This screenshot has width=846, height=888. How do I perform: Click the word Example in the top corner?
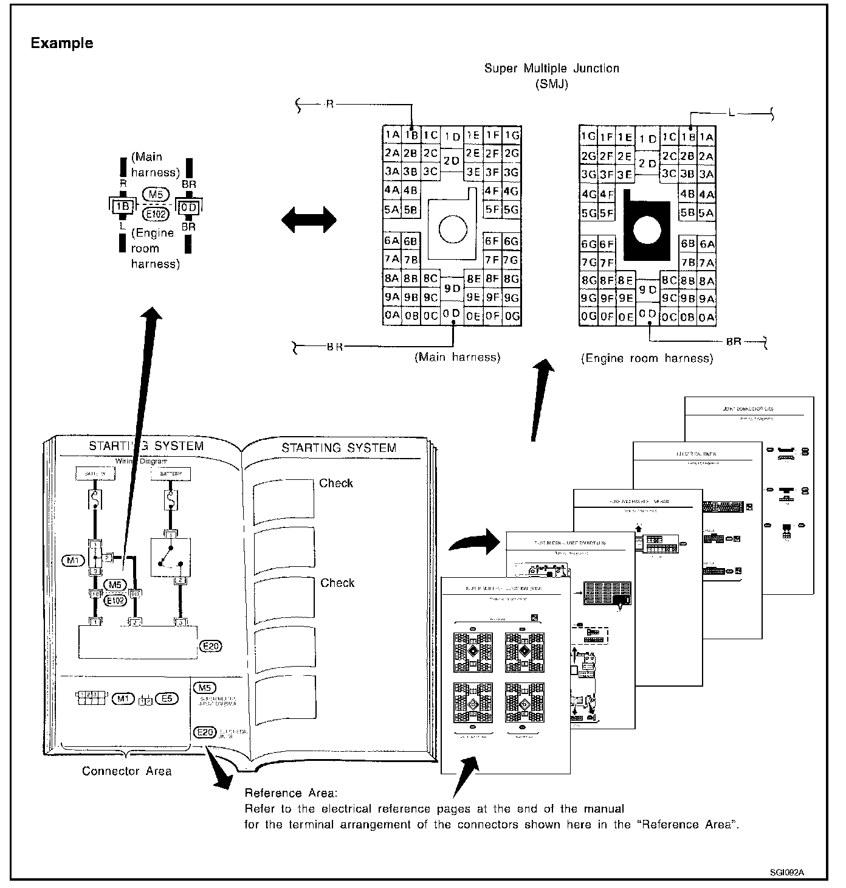click(62, 43)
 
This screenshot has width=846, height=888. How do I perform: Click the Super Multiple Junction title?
click(551, 69)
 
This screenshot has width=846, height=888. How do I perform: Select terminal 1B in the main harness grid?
click(411, 136)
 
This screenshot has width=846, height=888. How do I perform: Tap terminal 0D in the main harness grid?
click(452, 314)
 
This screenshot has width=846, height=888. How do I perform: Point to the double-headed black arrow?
click(309, 219)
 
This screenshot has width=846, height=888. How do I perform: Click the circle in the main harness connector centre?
click(452, 230)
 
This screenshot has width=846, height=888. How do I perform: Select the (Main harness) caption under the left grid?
click(457, 358)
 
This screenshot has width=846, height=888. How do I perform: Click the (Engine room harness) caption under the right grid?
click(647, 359)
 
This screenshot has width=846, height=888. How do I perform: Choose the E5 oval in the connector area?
click(167, 699)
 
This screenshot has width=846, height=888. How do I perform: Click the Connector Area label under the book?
click(126, 771)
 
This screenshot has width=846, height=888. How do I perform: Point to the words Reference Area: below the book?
click(289, 793)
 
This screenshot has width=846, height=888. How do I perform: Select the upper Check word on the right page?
click(336, 484)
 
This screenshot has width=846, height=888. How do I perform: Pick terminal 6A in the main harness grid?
click(391, 241)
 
